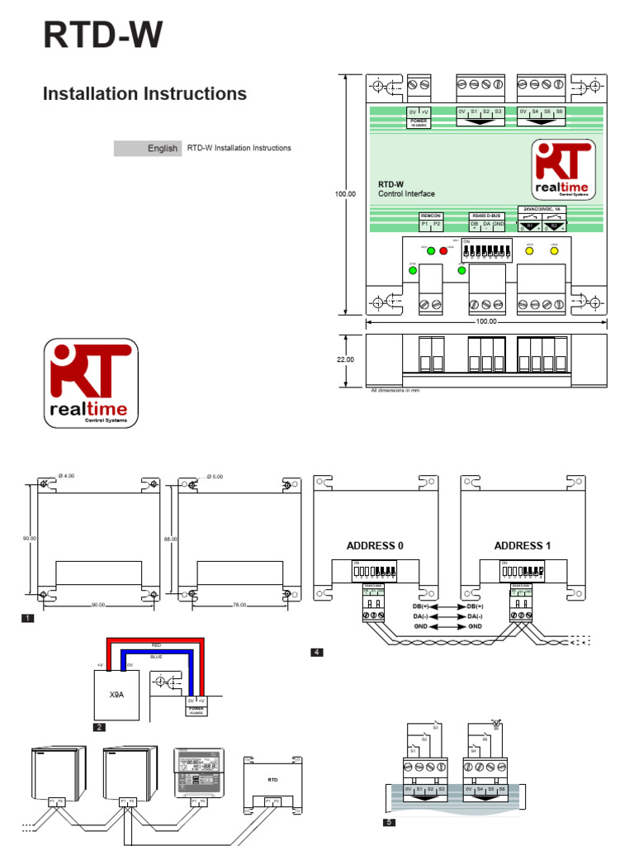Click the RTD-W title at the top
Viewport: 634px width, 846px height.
tap(102, 37)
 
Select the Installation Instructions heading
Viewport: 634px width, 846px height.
tap(144, 94)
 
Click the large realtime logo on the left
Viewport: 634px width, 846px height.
tap(91, 384)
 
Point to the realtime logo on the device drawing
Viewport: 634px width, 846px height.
tap(562, 170)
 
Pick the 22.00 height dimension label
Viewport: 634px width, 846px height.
tap(345, 360)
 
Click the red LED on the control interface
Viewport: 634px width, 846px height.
tap(442, 250)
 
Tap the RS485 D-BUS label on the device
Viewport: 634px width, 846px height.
tap(486, 216)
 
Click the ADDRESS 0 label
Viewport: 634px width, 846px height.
tap(375, 546)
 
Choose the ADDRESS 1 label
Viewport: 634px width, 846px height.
tap(522, 546)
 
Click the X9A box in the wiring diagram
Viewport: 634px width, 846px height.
tap(116, 695)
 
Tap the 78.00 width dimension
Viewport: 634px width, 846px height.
tap(239, 605)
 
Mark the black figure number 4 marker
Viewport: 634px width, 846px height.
tap(316, 653)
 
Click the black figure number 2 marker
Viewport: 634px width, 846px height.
tap(100, 727)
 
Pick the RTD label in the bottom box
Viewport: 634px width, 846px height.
tap(272, 778)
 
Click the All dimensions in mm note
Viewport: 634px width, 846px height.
tap(395, 391)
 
